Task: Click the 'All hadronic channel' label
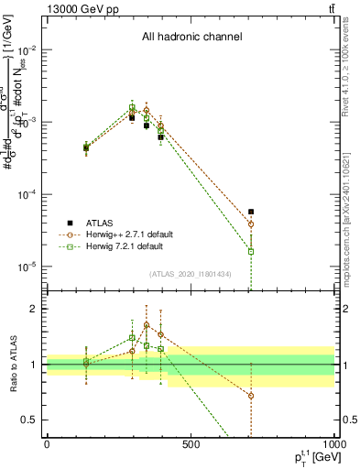pyautogui.click(x=191, y=38)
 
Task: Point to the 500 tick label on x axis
pyautogui.click(x=190, y=446)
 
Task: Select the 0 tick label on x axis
pyautogui.click(x=47, y=446)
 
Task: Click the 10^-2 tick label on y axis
pyautogui.click(x=29, y=49)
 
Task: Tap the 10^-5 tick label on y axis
pyautogui.click(x=29, y=267)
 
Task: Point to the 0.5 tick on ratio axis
pyautogui.click(x=32, y=420)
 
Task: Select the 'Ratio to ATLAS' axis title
pyautogui.click(x=12, y=364)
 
